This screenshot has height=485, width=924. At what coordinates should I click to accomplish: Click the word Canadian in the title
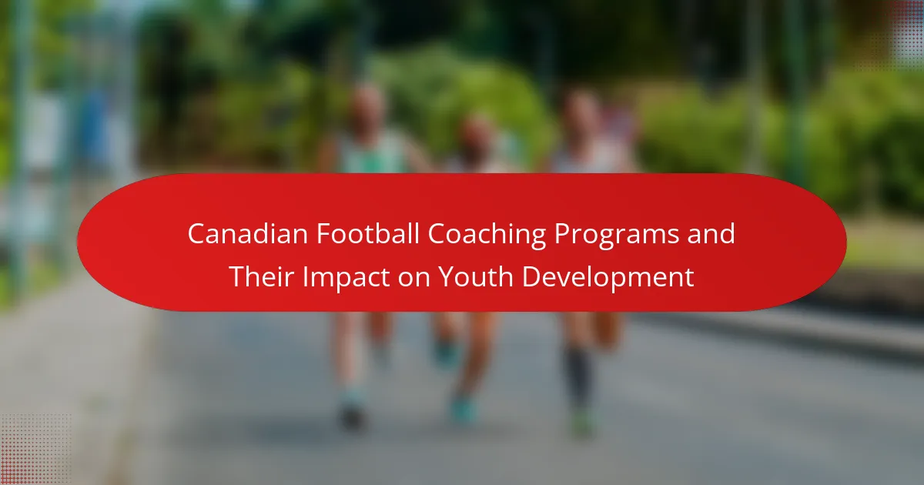pos(247,234)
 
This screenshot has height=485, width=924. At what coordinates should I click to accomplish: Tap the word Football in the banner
pos(368,234)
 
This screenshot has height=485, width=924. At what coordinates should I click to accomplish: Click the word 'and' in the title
pos(711,234)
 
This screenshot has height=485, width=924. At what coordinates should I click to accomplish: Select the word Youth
pos(476,276)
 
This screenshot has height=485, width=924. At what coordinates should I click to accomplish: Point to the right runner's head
pos(581,113)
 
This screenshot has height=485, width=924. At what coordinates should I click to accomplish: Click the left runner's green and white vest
pos(373,152)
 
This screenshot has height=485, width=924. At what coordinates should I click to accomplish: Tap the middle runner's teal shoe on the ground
pos(463,410)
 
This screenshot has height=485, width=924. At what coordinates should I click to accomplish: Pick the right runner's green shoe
pos(582,423)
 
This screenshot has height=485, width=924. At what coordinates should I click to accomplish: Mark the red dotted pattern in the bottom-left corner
pos(35,450)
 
